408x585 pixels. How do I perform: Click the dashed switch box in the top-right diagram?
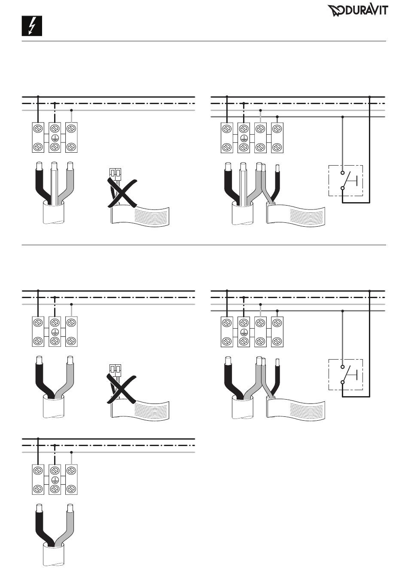tap(346, 181)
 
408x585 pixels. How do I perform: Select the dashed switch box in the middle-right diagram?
tap(346, 374)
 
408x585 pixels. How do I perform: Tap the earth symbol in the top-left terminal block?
tap(55, 138)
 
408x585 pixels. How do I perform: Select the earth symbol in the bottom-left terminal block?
tap(55, 480)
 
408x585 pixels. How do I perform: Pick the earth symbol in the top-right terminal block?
tap(244, 138)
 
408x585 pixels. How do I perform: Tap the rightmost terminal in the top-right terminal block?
tap(277, 138)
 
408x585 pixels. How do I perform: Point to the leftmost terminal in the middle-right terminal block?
tap(226, 331)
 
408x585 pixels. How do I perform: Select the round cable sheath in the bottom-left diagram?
tap(54, 555)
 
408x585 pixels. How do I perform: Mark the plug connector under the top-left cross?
tap(115, 173)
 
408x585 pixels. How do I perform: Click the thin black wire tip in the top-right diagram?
tap(278, 167)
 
